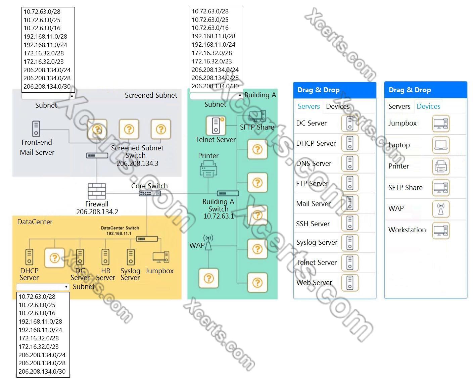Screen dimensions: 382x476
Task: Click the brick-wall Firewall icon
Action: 97,191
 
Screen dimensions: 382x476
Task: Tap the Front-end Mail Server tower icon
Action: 36,129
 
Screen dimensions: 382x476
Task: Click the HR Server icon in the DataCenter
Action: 105,257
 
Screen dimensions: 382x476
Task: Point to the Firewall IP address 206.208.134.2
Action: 97,212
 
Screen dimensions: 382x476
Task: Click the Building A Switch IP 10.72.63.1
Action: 219,216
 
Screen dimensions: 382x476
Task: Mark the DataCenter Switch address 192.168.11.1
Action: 119,234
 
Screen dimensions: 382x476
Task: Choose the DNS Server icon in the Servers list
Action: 350,163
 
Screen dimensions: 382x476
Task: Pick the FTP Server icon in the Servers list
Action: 350,183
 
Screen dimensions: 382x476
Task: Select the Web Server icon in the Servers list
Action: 350,283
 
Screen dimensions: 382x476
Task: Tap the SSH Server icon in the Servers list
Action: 350,223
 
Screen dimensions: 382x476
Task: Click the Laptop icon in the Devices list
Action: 440,145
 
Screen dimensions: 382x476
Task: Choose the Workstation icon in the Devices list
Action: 440,230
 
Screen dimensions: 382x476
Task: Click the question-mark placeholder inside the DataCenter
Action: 55,258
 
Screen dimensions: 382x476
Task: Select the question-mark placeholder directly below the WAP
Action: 208,278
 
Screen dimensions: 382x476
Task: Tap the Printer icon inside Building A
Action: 208,169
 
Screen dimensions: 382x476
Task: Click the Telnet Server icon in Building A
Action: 216,125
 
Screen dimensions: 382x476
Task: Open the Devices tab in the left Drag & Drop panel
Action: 338,106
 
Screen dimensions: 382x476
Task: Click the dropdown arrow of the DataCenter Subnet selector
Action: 66,287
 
